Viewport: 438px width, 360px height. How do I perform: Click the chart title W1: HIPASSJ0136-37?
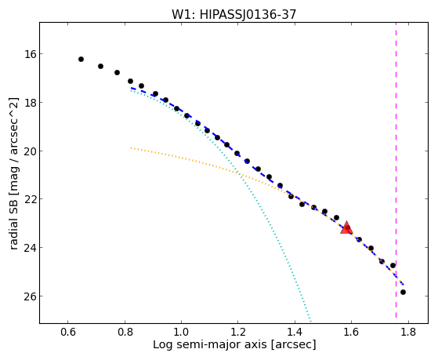233,14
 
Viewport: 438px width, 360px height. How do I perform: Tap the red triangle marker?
346,227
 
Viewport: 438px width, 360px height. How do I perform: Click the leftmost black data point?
81,60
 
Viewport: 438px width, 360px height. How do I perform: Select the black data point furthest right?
403,292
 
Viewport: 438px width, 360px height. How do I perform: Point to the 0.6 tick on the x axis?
68,332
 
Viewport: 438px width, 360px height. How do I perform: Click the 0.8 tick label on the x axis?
125,332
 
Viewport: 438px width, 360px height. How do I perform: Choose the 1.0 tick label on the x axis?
181,332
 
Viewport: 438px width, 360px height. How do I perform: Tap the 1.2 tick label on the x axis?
238,332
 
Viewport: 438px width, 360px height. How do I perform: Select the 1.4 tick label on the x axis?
295,332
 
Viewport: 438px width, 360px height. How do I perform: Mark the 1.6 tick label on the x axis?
351,332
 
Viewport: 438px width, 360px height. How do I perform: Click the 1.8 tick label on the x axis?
408,332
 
